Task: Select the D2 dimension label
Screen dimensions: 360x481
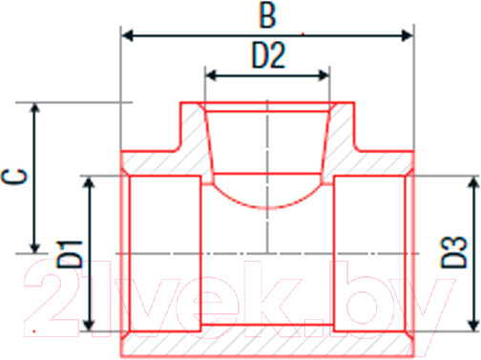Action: [268, 56]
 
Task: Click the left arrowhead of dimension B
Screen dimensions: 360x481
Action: [126, 36]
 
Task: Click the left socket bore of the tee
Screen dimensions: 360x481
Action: [164, 253]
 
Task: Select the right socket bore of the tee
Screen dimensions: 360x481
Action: [372, 253]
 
